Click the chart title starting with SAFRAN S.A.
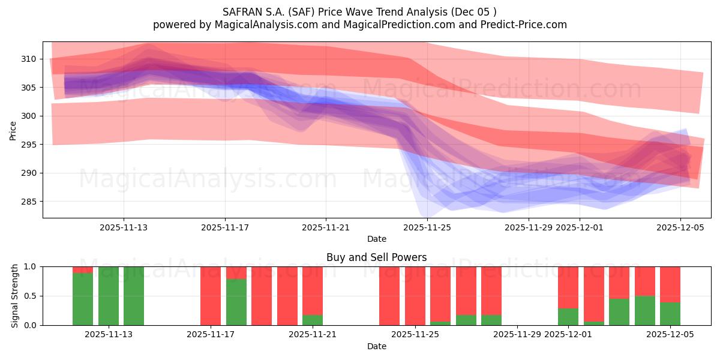360,11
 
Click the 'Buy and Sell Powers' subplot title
376,257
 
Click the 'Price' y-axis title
13,130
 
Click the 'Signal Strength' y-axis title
15,296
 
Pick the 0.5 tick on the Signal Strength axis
30,296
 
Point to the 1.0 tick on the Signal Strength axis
30,266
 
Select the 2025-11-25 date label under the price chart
427,227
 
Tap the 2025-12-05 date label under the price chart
680,227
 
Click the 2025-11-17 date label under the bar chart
211,335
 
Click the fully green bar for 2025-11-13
109,296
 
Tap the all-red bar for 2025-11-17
211,296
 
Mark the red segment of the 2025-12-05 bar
670,284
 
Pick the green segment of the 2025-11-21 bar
312,320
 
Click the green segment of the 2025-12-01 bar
568,317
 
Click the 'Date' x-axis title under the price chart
376,239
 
